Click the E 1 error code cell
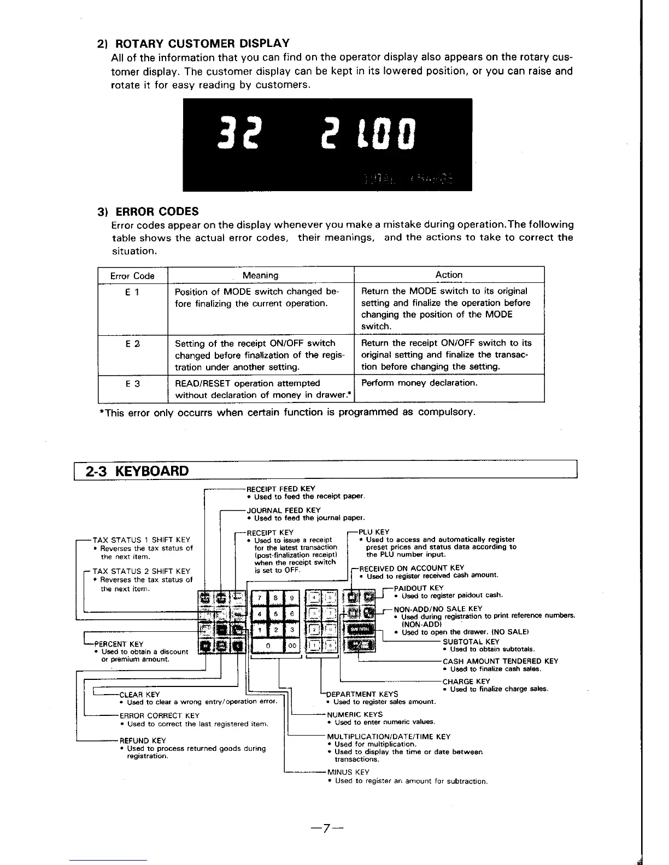click(x=132, y=292)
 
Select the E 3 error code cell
click(x=132, y=384)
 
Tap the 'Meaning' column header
click(x=260, y=276)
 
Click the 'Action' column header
click(x=449, y=275)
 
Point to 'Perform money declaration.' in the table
click(x=419, y=383)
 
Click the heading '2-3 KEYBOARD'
click(x=137, y=471)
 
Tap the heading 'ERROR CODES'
click(x=157, y=211)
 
